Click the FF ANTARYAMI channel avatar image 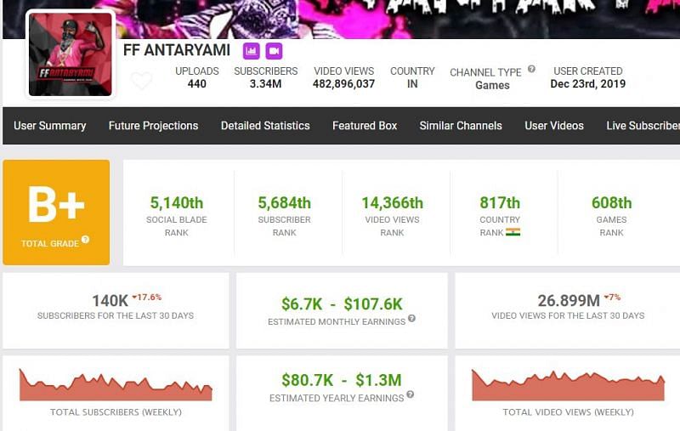pyautogui.click(x=71, y=54)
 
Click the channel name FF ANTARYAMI pyautogui.click(x=177, y=50)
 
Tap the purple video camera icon pyautogui.click(x=274, y=51)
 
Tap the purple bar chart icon pyautogui.click(x=252, y=51)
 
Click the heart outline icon pyautogui.click(x=141, y=82)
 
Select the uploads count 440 pyautogui.click(x=197, y=84)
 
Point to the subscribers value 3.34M pyautogui.click(x=266, y=84)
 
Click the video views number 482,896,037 pyautogui.click(x=344, y=84)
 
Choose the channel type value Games pyautogui.click(x=492, y=85)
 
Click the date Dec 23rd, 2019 pyautogui.click(x=587, y=84)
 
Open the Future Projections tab pyautogui.click(x=153, y=126)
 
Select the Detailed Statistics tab pyautogui.click(x=265, y=126)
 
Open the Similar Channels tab pyautogui.click(x=461, y=126)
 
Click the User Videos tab pyautogui.click(x=554, y=126)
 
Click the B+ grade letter pyautogui.click(x=56, y=205)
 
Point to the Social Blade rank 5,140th pyautogui.click(x=177, y=203)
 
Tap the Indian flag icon pyautogui.click(x=513, y=232)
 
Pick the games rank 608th pyautogui.click(x=612, y=203)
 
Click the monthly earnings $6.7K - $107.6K pyautogui.click(x=342, y=303)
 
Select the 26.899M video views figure pyautogui.click(x=568, y=300)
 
